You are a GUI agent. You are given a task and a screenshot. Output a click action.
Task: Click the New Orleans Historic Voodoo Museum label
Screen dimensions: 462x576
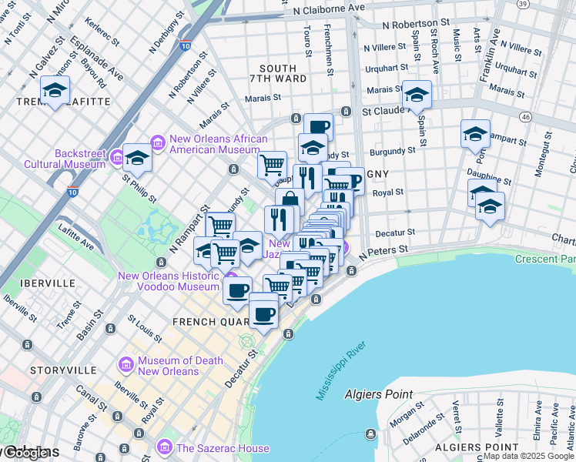pyautogui.click(x=168, y=281)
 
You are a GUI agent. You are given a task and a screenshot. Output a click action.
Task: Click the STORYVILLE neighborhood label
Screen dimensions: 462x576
pyautogui.click(x=53, y=370)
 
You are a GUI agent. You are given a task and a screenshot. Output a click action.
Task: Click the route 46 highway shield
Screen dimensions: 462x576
pyautogui.click(x=525, y=116)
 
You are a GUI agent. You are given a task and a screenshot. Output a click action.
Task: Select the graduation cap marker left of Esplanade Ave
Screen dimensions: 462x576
pyautogui.click(x=55, y=90)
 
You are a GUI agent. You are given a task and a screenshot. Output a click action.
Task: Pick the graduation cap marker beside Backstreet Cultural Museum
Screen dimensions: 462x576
pyautogui.click(x=137, y=157)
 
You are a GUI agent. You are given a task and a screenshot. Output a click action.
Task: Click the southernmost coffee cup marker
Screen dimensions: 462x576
pyautogui.click(x=263, y=312)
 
